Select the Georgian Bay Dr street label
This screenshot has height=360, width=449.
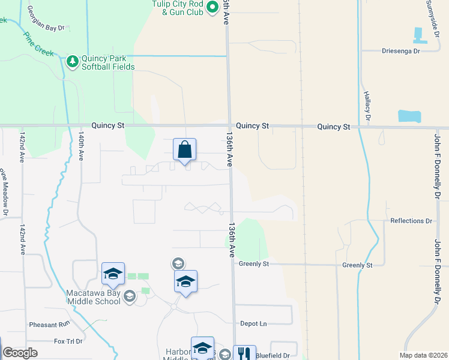point(45,28)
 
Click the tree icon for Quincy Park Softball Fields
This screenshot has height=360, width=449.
point(72,61)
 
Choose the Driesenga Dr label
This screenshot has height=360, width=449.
point(400,51)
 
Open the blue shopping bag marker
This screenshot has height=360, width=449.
point(184,149)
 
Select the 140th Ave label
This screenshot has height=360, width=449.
point(81,147)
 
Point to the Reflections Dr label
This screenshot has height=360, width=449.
point(411,221)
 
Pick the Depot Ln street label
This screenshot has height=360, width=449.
point(253,323)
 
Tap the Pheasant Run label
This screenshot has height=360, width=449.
point(50,325)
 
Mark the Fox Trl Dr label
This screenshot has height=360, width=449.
point(68,341)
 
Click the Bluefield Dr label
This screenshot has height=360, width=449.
point(273,355)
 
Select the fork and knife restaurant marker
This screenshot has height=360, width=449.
point(244,353)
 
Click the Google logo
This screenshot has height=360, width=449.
point(20,353)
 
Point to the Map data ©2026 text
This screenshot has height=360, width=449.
point(423,355)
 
